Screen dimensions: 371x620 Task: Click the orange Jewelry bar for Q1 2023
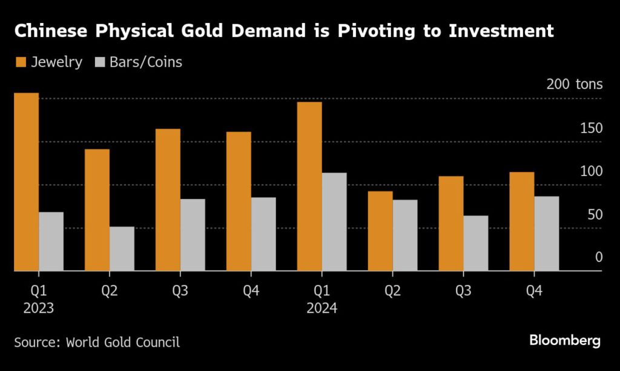point(26,182)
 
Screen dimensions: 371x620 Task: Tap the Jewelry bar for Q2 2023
point(97,209)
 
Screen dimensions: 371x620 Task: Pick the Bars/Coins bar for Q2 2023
point(122,249)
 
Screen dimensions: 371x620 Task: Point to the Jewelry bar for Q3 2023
point(168,200)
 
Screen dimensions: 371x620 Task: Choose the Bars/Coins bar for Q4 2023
point(263,234)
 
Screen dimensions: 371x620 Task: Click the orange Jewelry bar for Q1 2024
point(309,186)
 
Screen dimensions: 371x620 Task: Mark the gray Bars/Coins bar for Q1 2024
point(334,222)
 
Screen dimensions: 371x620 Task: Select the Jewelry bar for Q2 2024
point(380,231)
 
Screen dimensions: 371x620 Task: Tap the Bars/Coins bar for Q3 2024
point(476,243)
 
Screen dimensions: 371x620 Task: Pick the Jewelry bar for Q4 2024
point(522,222)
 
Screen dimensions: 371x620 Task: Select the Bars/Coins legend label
point(145,62)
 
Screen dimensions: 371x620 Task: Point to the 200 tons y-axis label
point(574,84)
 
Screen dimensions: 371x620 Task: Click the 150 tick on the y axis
point(591,128)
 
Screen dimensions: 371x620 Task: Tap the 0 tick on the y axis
point(598,257)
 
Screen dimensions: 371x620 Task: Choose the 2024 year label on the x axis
point(322,308)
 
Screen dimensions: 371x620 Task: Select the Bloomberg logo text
point(564,340)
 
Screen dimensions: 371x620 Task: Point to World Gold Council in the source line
point(123,342)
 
